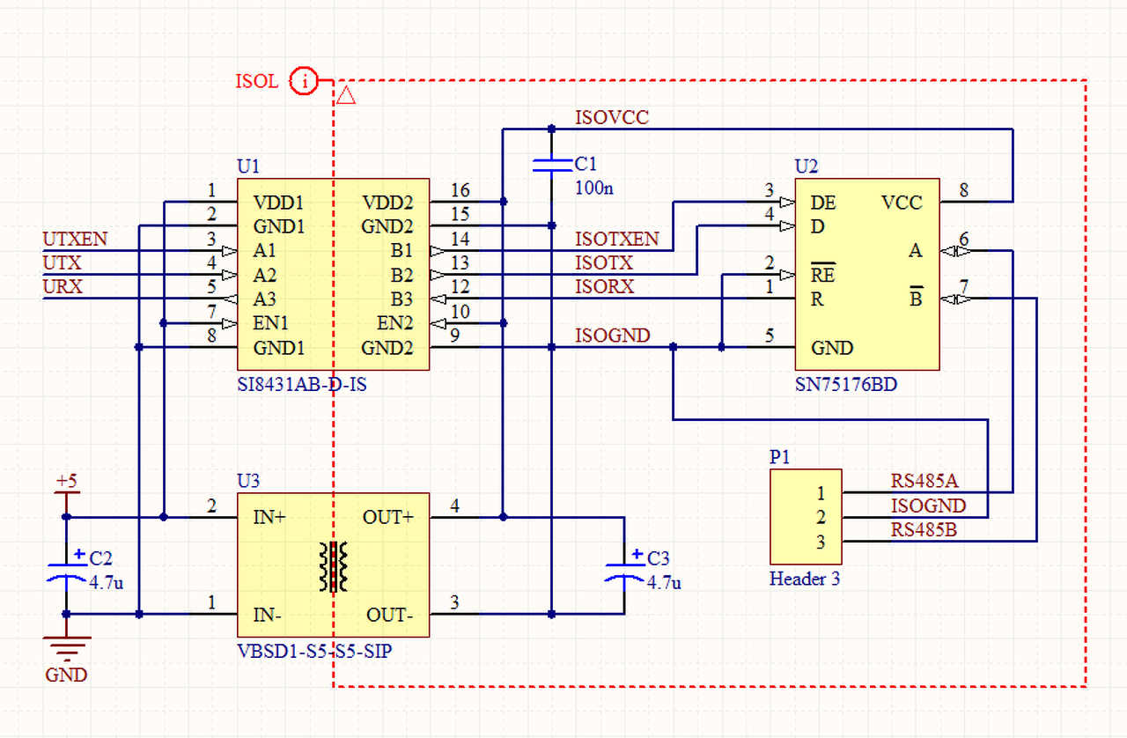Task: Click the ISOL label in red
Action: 256,82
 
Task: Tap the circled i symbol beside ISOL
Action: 305,82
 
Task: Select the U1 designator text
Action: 249,166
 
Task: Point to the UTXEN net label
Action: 75,239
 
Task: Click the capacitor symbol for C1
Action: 551,165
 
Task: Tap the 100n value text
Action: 593,187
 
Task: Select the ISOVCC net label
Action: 612,117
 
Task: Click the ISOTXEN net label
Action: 616,239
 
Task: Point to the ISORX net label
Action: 604,286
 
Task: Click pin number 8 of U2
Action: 964,189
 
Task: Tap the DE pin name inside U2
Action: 823,203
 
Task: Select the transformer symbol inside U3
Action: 334,566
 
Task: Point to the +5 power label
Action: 66,482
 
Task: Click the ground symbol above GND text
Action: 66,649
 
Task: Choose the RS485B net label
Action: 924,530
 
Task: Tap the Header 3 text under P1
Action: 804,579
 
